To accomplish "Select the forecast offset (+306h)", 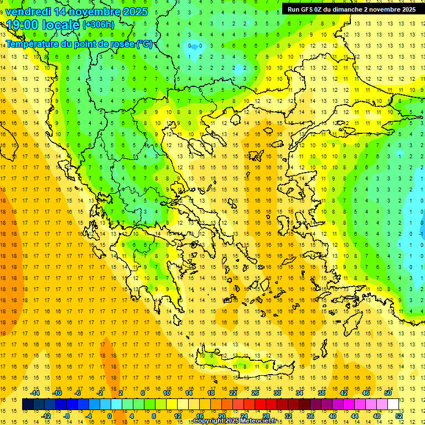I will tap(99, 25).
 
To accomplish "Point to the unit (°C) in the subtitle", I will tap(144, 44).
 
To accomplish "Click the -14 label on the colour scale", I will tap(35, 393).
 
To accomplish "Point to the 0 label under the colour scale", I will tap(109, 416).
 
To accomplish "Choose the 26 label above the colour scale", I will tap(255, 393).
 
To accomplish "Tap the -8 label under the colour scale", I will tap(66, 416).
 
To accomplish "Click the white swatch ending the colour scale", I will tap(393, 405).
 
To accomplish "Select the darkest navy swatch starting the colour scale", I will tap(28, 405).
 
